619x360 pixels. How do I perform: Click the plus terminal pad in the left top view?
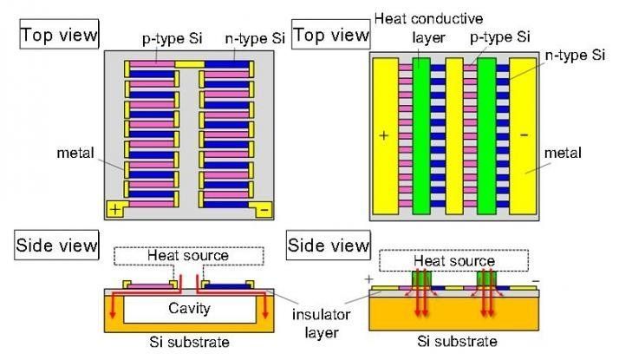pos(114,210)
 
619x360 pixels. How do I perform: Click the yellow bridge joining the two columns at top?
pos(189,64)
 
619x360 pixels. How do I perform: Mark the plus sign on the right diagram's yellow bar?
pos(384,137)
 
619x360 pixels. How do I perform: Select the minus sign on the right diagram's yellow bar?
pos(523,137)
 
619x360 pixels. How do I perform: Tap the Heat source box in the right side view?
pos(454,260)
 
